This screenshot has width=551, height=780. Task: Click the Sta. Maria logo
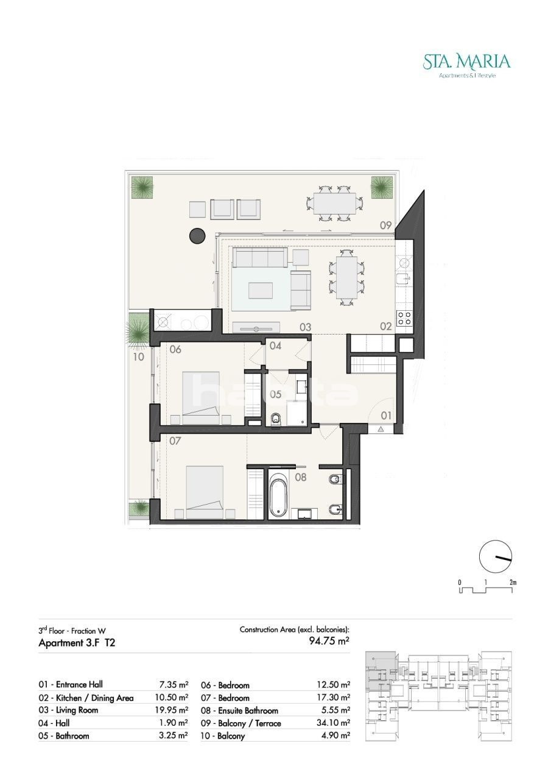click(x=466, y=65)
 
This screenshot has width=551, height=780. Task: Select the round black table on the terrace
click(x=197, y=236)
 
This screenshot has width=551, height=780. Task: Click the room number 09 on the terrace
click(x=385, y=225)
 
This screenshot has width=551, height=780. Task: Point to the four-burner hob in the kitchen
click(x=404, y=318)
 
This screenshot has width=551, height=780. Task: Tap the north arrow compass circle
click(x=496, y=556)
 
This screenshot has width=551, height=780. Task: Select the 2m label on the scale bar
click(x=513, y=582)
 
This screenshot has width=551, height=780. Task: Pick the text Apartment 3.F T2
click(x=77, y=643)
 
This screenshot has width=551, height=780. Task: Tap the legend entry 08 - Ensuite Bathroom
click(x=239, y=711)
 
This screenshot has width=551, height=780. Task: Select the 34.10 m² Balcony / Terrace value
click(x=333, y=723)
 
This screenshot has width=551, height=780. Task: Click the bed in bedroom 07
click(x=205, y=492)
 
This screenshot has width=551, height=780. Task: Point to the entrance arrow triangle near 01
click(x=381, y=429)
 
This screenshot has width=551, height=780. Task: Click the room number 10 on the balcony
click(x=138, y=356)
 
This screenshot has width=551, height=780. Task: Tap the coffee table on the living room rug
click(x=260, y=291)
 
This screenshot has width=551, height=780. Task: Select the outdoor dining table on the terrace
click(x=335, y=204)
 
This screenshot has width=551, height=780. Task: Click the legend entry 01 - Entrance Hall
click(x=71, y=684)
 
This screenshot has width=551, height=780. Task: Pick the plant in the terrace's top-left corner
click(x=141, y=187)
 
